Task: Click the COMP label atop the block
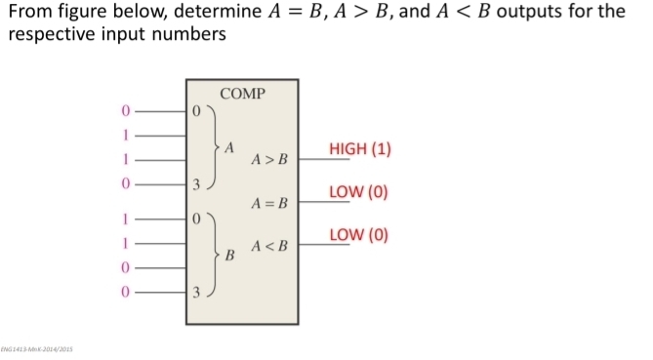243,94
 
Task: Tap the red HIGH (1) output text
360,149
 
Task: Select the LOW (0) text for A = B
358,191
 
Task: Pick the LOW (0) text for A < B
358,234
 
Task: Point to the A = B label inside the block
270,203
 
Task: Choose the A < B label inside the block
270,246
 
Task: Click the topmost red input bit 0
125,110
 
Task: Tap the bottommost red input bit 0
125,290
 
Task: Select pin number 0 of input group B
196,220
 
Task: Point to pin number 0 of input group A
196,111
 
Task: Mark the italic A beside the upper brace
229,148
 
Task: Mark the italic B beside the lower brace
230,257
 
